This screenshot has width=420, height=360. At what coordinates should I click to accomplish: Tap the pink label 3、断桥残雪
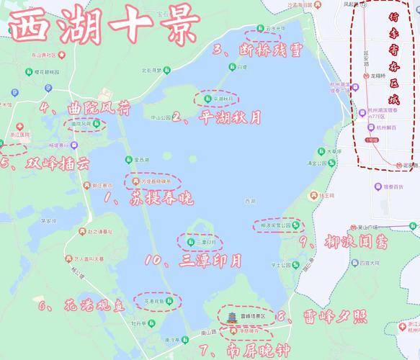tap(257, 50)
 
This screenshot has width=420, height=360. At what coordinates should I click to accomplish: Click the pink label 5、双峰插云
tap(45, 164)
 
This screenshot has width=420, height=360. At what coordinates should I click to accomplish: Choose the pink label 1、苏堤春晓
tap(147, 197)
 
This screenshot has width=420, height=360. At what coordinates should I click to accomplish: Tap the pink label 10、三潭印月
tap(192, 260)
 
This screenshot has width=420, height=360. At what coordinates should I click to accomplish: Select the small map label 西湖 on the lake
tap(250, 200)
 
